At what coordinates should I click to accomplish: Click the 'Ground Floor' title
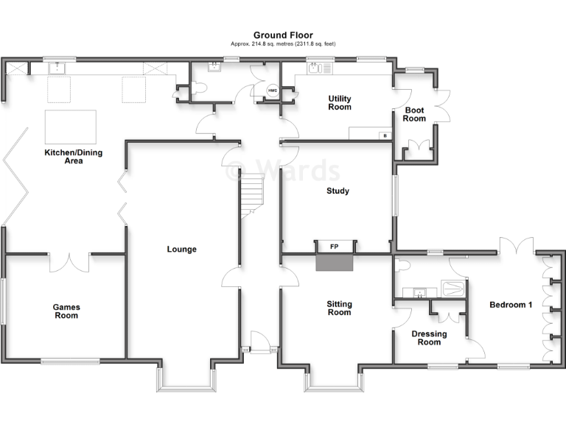tap(283, 35)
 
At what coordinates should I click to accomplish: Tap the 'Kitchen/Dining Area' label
tap(73, 157)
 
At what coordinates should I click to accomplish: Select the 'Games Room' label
tap(66, 311)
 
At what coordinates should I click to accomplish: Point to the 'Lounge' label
tap(181, 250)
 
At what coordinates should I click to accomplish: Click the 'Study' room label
tap(338, 191)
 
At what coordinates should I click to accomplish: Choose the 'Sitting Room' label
tap(339, 308)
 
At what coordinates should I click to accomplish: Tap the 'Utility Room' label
tap(340, 103)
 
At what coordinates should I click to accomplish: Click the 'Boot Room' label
tap(414, 115)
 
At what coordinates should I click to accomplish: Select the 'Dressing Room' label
tap(429, 338)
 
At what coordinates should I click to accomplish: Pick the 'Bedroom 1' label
tap(511, 305)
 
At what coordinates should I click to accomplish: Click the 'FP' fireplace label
tap(334, 247)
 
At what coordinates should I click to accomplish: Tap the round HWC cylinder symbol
tap(272, 91)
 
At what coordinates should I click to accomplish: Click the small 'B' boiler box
tap(383, 135)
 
